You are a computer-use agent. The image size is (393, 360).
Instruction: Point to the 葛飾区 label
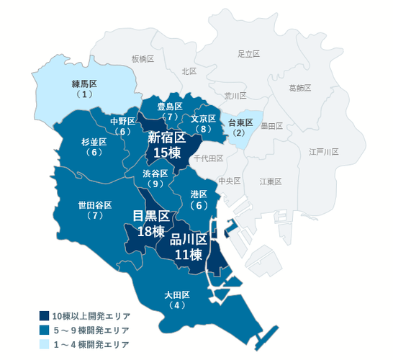(x=299, y=88)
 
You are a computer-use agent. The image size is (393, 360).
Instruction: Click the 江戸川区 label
(x=323, y=152)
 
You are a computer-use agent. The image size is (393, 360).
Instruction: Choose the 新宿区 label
(x=167, y=136)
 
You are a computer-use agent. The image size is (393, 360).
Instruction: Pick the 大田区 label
(x=176, y=295)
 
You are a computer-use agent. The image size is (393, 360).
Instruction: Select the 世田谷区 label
(x=95, y=205)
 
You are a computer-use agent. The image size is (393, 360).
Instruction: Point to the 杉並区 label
(x=94, y=142)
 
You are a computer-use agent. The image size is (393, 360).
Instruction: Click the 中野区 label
(x=123, y=121)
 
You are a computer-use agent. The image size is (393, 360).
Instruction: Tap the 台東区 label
(x=240, y=122)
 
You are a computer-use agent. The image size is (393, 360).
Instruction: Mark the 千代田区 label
(x=210, y=158)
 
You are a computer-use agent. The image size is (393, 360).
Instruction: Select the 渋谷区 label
(x=155, y=174)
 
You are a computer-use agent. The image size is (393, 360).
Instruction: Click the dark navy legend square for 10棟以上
(x=44, y=316)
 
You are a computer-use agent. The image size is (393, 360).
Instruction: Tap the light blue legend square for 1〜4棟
(x=44, y=343)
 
